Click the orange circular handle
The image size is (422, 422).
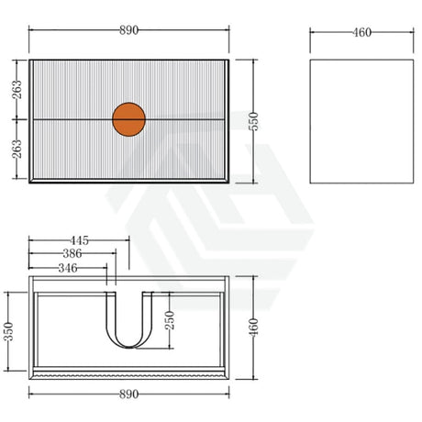point(128,119)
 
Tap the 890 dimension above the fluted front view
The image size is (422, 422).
point(128,30)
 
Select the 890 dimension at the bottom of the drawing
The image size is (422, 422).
point(128,394)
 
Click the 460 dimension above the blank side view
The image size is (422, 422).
point(362,32)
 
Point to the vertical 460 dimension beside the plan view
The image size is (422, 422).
point(253,328)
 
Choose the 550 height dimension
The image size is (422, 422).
point(253,121)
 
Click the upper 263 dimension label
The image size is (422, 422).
point(17,89)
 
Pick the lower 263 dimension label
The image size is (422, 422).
point(17,149)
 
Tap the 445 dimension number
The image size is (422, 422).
point(79,240)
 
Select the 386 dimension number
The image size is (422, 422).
point(72,253)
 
